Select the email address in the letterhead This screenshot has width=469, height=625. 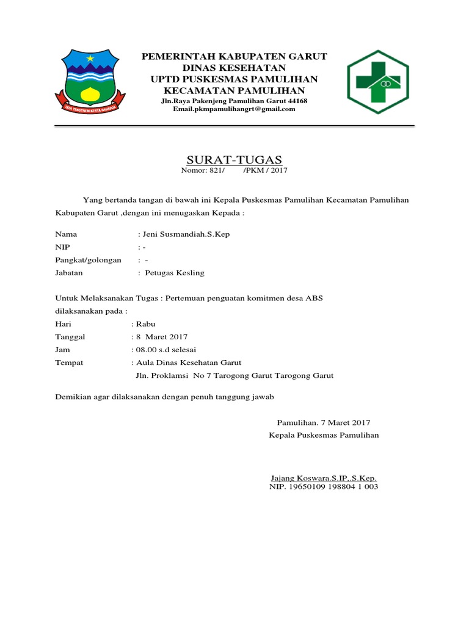point(234,109)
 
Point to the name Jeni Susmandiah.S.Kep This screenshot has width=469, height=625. point(186,234)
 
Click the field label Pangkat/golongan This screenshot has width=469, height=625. point(89,260)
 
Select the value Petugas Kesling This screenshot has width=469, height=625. point(174,273)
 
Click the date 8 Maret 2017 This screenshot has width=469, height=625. point(161,337)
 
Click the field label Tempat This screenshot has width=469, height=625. point(69,363)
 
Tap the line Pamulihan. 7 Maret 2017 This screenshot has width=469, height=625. point(324,422)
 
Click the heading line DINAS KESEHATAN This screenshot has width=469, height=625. point(234,68)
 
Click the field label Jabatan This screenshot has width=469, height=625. point(70,273)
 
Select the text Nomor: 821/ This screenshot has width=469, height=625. point(203,170)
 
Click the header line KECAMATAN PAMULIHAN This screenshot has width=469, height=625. point(234,91)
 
